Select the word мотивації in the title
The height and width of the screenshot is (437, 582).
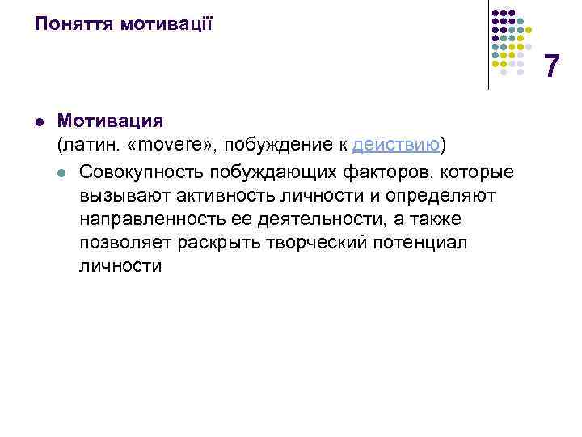(166, 23)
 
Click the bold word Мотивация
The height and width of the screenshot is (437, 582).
(110, 121)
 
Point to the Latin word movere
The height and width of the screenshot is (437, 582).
(174, 146)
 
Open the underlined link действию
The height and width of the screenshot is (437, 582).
(396, 146)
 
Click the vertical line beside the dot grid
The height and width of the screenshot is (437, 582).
(488, 45)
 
